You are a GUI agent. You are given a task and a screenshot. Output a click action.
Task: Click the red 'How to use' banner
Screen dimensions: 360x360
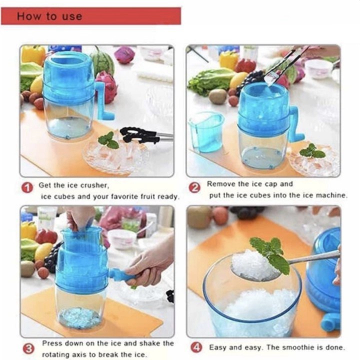91,16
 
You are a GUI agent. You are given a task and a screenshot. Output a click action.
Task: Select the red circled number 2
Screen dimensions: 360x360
194,188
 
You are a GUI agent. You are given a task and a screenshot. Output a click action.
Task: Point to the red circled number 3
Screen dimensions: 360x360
28,349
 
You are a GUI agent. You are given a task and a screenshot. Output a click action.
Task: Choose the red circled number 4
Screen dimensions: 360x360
196,347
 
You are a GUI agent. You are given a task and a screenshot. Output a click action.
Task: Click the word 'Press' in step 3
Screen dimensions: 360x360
52,343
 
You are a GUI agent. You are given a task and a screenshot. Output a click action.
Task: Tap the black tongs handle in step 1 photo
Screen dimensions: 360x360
139,135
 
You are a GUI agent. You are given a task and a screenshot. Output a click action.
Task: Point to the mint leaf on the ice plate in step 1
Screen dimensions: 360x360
108,140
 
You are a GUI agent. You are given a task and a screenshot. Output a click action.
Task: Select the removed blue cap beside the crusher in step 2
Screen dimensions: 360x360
205,132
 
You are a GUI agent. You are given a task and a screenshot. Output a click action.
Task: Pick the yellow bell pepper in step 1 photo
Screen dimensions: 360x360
33,54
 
